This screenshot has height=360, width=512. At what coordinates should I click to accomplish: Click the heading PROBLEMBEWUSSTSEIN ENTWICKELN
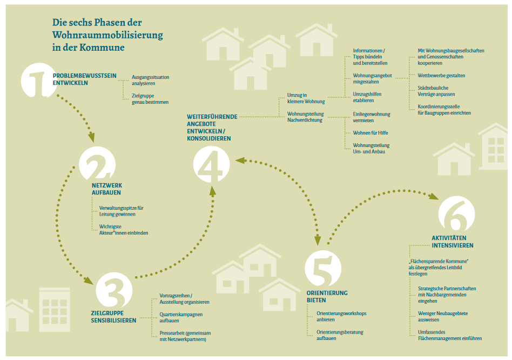click(x=84, y=79)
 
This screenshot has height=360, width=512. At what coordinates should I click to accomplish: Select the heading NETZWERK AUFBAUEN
click(x=106, y=189)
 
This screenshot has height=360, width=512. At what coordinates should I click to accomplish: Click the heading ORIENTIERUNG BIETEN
click(x=327, y=296)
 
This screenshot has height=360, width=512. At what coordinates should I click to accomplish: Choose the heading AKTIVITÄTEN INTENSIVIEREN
click(x=452, y=242)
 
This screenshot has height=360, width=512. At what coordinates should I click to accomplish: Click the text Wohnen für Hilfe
click(x=370, y=132)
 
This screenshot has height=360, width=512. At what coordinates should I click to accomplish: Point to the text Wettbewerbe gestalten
click(x=441, y=75)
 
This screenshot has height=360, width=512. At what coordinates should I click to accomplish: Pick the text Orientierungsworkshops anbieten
click(x=341, y=316)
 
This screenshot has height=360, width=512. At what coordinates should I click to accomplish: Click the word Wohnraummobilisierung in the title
click(x=107, y=35)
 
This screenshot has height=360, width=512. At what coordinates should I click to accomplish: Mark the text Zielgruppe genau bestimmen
click(x=150, y=98)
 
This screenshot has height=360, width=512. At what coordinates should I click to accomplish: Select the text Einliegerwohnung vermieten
click(x=370, y=117)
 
